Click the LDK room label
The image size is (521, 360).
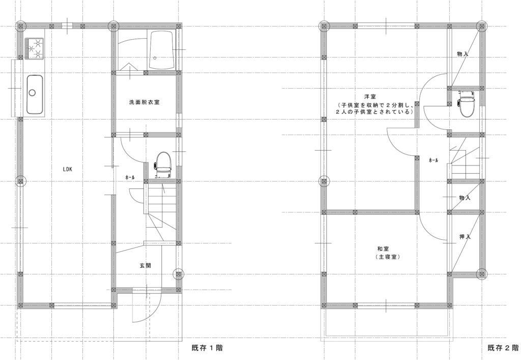(x=68, y=169)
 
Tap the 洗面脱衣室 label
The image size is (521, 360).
(x=144, y=102)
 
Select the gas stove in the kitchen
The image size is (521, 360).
(x=34, y=48)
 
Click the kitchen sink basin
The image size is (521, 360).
(x=34, y=94)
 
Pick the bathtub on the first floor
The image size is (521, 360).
(x=161, y=50)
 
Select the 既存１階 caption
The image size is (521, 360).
(x=207, y=348)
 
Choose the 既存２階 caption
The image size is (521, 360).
(x=503, y=348)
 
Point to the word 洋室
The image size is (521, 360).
(x=370, y=97)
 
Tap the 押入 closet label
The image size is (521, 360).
(x=465, y=237)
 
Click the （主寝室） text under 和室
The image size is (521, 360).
(x=387, y=257)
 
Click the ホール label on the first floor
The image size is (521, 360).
(x=130, y=178)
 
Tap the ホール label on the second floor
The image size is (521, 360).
(x=433, y=160)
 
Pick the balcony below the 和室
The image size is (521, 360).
(x=387, y=322)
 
